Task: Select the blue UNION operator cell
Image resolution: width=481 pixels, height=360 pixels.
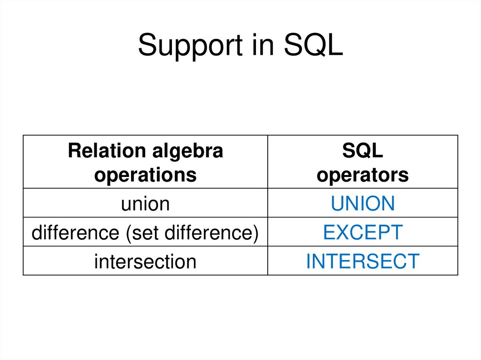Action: [x=363, y=204]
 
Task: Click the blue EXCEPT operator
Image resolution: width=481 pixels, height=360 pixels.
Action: [x=363, y=233]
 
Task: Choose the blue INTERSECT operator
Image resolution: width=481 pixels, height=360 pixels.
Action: [x=363, y=261]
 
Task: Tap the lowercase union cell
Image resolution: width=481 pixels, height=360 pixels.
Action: [x=145, y=204]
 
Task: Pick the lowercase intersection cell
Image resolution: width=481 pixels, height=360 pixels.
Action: [x=145, y=261]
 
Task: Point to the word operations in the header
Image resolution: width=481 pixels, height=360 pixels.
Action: [x=145, y=175]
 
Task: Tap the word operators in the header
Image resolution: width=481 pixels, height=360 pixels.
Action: [x=363, y=175]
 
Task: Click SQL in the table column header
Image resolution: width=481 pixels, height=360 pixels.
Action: [x=363, y=151]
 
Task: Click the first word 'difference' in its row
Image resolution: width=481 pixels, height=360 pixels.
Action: [x=76, y=233]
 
